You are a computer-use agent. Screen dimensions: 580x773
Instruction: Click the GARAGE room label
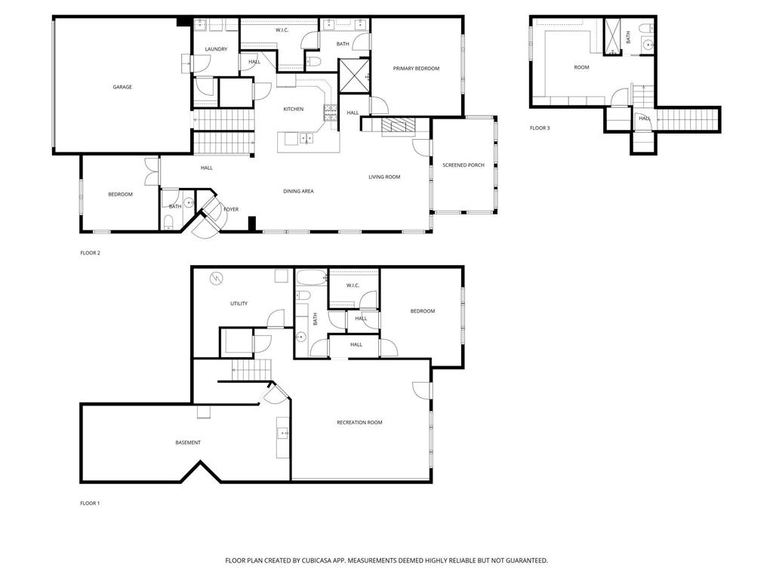pos(122,87)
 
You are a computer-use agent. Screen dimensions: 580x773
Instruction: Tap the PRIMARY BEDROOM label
pos(416,69)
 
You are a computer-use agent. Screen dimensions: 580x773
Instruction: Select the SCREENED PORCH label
pos(463,165)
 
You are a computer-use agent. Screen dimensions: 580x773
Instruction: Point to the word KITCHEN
pos(294,110)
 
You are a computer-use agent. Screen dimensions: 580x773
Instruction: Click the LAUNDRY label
pos(216,50)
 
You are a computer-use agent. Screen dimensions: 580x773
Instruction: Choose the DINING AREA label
pos(298,191)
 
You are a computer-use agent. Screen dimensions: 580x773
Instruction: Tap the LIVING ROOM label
pos(384,177)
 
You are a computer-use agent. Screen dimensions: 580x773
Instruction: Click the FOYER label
pos(231,209)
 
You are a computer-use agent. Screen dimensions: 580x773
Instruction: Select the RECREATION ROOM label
pos(359,422)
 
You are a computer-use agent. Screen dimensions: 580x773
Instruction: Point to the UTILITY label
pos(239,304)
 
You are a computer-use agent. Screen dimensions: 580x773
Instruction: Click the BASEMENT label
pos(188,443)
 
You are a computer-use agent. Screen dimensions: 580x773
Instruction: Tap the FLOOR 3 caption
pos(540,128)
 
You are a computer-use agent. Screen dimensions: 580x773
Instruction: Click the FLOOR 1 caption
pos(90,503)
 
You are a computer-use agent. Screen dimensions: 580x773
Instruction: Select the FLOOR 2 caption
pos(90,253)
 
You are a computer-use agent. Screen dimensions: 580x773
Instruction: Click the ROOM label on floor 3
pos(581,68)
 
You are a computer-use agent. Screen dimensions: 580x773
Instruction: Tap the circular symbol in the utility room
pos(217,279)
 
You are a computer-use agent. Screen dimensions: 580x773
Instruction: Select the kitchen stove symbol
pos(330,113)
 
